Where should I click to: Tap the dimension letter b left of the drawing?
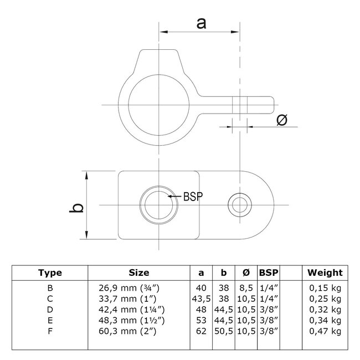(x=79, y=206)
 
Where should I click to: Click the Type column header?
(x=50, y=272)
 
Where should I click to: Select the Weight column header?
(x=325, y=272)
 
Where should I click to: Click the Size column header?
(x=138, y=272)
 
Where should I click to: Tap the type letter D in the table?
(x=50, y=308)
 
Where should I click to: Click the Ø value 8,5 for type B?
(x=246, y=289)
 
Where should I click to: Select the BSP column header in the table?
(x=269, y=272)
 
